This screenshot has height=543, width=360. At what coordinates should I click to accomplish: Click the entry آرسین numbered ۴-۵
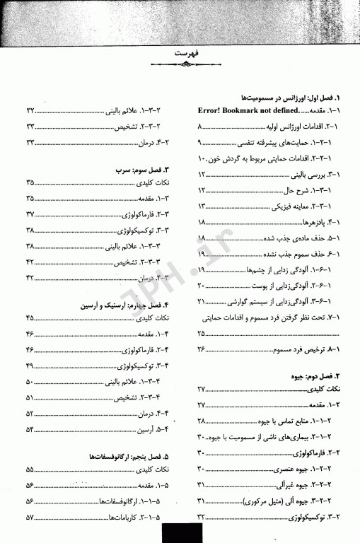(132, 428)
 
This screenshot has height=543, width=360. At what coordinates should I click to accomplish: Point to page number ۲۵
(201, 332)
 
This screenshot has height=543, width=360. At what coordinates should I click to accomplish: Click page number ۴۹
(30, 366)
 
